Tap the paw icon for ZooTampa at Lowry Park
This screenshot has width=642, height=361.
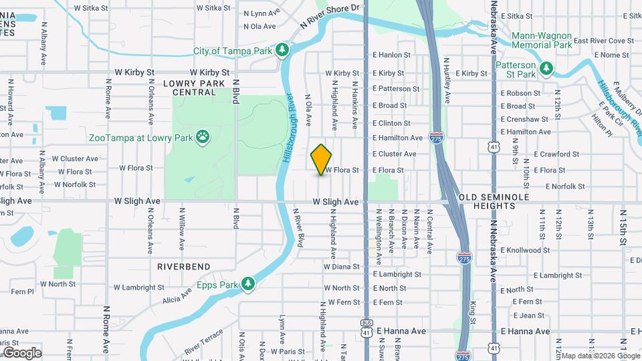pyautogui.click(x=203, y=138)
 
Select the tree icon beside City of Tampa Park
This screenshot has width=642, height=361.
pyautogui.click(x=283, y=50)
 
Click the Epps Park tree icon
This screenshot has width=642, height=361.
pyautogui.click(x=249, y=284)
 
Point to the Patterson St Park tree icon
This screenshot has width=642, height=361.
pyautogui.click(x=547, y=69)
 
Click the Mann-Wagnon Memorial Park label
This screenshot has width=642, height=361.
pyautogui.click(x=542, y=40)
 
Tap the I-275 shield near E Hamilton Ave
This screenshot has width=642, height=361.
pyautogui.click(x=437, y=138)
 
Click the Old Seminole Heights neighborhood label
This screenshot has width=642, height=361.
pyautogui.click(x=494, y=201)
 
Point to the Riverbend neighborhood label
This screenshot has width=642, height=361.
pyautogui.click(x=179, y=266)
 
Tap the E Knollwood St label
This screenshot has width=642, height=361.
pyautogui.click(x=527, y=251)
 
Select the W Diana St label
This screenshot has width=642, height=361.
pyautogui.click(x=341, y=266)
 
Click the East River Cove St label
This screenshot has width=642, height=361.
pyautogui.click(x=603, y=41)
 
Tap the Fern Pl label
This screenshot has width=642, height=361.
pyautogui.click(x=21, y=291)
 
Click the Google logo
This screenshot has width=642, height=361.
pyautogui.click(x=22, y=353)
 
